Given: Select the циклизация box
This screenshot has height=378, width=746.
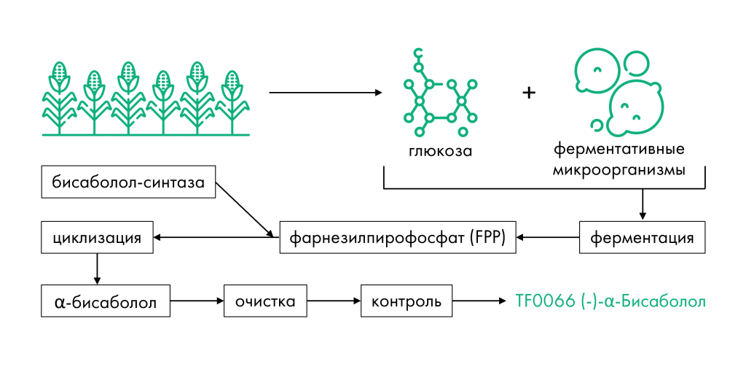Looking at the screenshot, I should (x=96, y=237).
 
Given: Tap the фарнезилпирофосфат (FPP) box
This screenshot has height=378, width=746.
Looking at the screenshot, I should (x=398, y=237).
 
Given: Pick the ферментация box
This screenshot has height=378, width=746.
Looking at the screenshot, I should (x=642, y=237).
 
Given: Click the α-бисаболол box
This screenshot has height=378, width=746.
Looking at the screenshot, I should (x=106, y=301).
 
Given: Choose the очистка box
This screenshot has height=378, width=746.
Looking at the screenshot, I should (x=265, y=301).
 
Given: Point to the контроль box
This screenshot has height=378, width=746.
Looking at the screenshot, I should (x=407, y=301).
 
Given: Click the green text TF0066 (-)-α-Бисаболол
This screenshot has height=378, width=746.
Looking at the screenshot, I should (x=610, y=301).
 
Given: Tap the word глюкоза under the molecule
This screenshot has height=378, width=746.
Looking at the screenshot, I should (x=440, y=153).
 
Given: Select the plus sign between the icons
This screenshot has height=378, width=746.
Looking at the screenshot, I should (x=529, y=93).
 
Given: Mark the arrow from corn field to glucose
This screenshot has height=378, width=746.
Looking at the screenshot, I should (x=325, y=93).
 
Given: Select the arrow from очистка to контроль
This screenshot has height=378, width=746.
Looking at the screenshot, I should (x=333, y=301).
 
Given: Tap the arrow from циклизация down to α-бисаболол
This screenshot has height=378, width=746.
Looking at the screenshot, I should (x=97, y=269).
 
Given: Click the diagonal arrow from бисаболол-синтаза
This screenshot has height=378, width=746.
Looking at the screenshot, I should (x=246, y=210).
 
